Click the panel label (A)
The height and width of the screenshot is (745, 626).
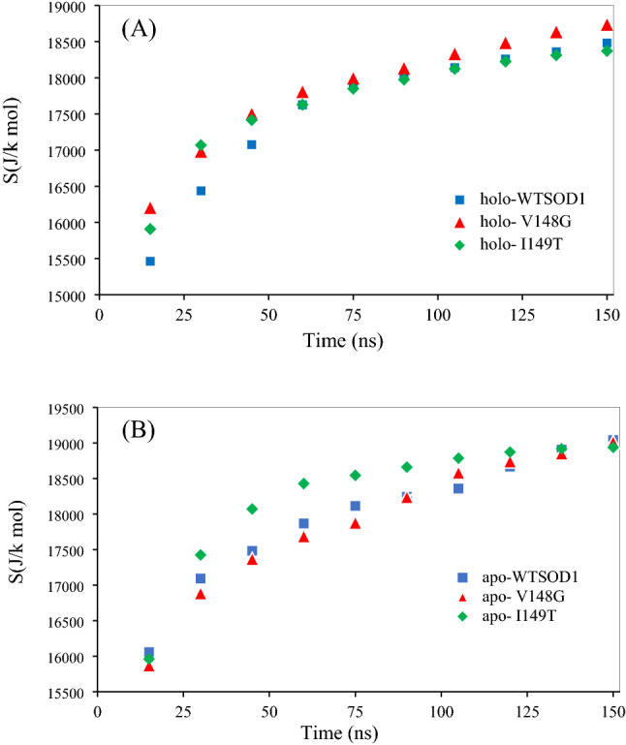click(x=139, y=29)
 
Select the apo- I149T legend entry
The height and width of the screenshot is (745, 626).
click(x=512, y=613)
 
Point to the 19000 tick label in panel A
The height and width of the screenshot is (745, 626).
click(x=65, y=7)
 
